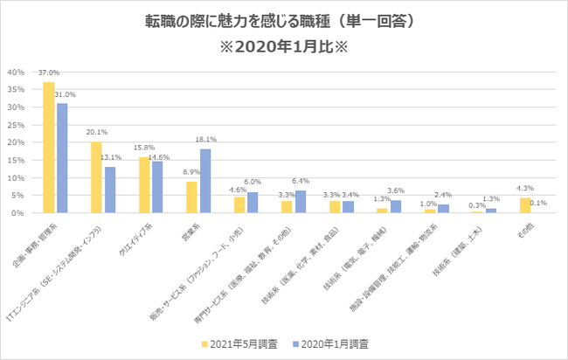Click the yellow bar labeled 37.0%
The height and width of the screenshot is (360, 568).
[49, 148]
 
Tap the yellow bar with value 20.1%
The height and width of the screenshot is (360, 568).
[96, 177]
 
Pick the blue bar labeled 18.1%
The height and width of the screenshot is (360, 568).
[205, 181]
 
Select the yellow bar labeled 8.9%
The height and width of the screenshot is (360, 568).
[191, 197]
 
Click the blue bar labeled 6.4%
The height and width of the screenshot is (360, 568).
[300, 202]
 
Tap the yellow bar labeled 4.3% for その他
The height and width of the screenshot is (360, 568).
[523, 205]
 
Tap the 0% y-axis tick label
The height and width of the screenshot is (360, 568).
[19, 213]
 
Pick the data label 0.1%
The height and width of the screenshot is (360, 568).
[538, 204]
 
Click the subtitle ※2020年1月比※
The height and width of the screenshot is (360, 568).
[285, 45]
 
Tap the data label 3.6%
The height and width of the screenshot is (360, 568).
[395, 191]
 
